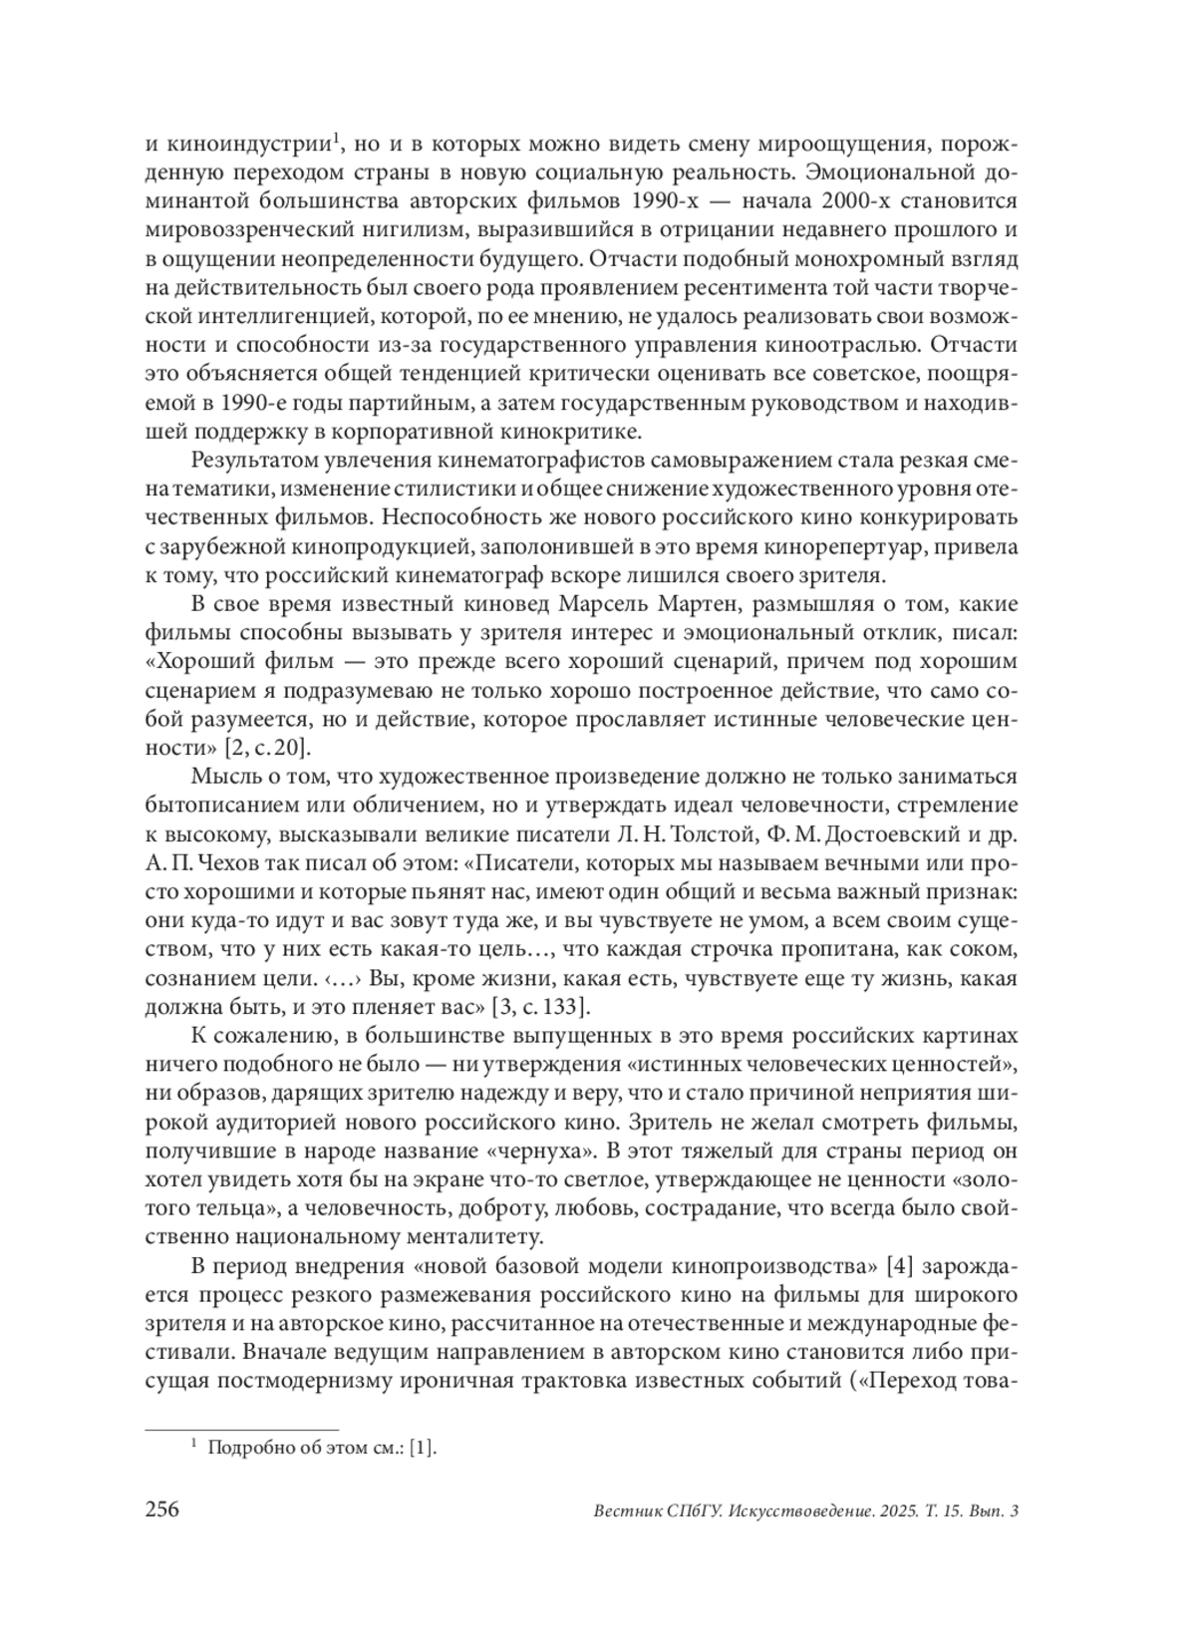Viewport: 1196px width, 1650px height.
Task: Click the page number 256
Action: (x=162, y=1509)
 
